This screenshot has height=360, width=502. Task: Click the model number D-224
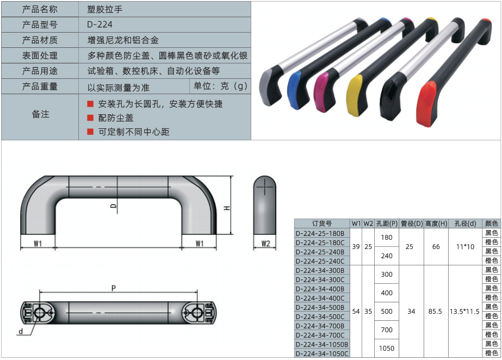pyautogui.click(x=100, y=24)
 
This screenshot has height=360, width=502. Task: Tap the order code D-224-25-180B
pyautogui.click(x=320, y=233)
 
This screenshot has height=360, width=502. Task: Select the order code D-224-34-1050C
pyautogui.click(x=321, y=353)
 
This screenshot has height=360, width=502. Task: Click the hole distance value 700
pyautogui.click(x=387, y=330)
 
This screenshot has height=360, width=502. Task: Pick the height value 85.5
pyautogui.click(x=436, y=312)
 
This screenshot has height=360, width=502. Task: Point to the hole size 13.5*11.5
pyautogui.click(x=465, y=312)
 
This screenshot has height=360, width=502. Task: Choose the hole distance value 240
pyautogui.click(x=387, y=256)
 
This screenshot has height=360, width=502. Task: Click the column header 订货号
pyautogui.click(x=321, y=224)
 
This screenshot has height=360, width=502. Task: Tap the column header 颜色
pyautogui.click(x=492, y=224)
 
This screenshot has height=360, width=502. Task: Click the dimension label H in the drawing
pyautogui.click(x=227, y=209)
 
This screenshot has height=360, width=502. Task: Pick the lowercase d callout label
pyautogui.click(x=21, y=331)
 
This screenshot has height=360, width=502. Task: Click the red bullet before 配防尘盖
pyautogui.click(x=90, y=117)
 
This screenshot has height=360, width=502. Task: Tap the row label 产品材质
pyautogui.click(x=40, y=40)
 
